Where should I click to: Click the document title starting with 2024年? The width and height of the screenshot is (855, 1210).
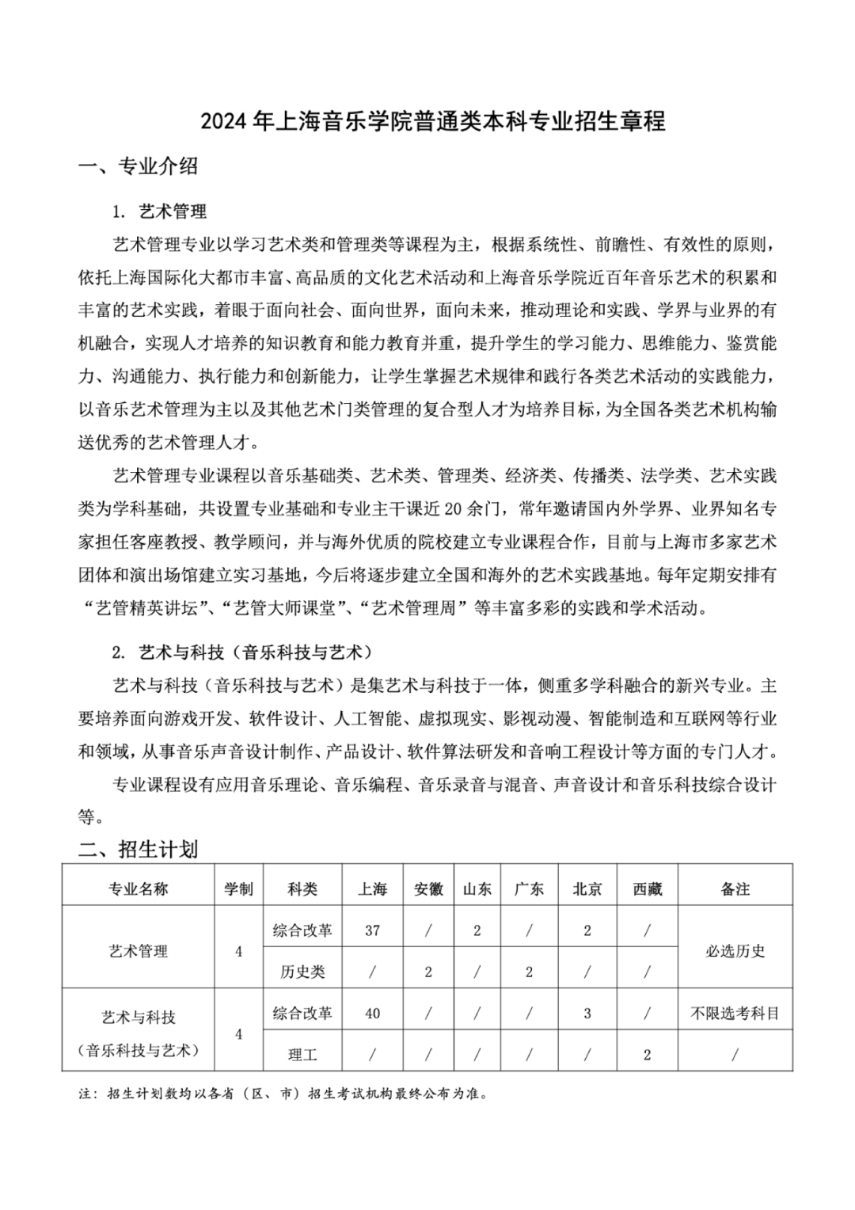pyautogui.click(x=432, y=121)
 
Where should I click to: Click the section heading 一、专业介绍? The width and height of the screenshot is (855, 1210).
pyautogui.click(x=139, y=166)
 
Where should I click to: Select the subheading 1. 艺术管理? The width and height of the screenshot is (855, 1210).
pyautogui.click(x=159, y=211)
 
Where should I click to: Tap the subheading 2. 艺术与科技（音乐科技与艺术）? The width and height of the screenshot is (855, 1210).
pyautogui.click(x=242, y=653)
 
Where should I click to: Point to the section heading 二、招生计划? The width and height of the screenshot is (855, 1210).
pyautogui.click(x=139, y=850)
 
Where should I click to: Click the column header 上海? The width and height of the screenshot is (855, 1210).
pyautogui.click(x=372, y=888)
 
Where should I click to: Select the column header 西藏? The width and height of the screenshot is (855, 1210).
pyautogui.click(x=647, y=888)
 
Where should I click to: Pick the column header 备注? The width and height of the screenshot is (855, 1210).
pyautogui.click(x=735, y=888)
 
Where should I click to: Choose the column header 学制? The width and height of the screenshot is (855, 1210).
pyautogui.click(x=238, y=888)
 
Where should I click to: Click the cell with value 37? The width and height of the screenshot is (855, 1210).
pyautogui.click(x=372, y=930)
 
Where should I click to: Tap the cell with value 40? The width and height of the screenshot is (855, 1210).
pyautogui.click(x=372, y=1013)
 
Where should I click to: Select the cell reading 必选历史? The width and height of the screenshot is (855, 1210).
pyautogui.click(x=735, y=951)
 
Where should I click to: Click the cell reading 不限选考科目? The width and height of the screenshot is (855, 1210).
pyautogui.click(x=735, y=1013)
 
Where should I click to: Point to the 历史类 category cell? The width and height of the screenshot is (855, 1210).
pyautogui.click(x=302, y=972)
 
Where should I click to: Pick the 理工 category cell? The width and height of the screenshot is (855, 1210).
pyautogui.click(x=302, y=1055)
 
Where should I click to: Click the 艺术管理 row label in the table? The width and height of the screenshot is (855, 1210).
pyautogui.click(x=139, y=951)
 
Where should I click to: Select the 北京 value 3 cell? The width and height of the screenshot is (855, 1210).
pyautogui.click(x=587, y=1013)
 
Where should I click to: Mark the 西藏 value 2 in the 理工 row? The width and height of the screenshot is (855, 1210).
pyautogui.click(x=647, y=1055)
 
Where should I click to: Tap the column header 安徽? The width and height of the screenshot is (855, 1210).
pyautogui.click(x=428, y=888)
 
